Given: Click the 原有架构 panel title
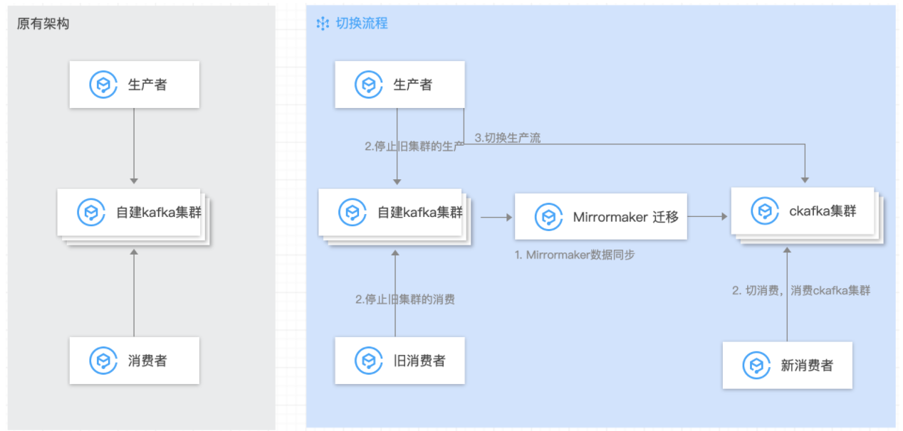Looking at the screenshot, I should (x=43, y=23).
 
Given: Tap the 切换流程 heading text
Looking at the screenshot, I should (x=362, y=23).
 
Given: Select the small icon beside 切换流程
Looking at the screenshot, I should (x=323, y=23).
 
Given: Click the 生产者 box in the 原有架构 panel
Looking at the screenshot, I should (x=134, y=84).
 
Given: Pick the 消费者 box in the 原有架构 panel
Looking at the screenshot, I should (x=134, y=360).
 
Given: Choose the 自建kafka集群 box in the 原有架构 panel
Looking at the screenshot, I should (x=134, y=212).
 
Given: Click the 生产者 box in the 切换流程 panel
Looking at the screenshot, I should (x=400, y=85).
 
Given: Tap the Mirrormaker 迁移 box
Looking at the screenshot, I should (x=600, y=216).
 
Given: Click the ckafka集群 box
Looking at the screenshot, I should (x=803, y=211).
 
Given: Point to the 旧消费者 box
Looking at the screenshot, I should (x=400, y=361).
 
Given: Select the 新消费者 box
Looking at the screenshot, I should (x=787, y=366).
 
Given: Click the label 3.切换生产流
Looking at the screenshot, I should (x=508, y=138).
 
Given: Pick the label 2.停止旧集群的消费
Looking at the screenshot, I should (x=405, y=299).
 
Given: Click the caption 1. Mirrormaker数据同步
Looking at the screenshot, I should (x=575, y=255).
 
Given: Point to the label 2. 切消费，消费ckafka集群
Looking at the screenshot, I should (x=801, y=290).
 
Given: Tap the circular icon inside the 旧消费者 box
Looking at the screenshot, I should (x=369, y=361).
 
